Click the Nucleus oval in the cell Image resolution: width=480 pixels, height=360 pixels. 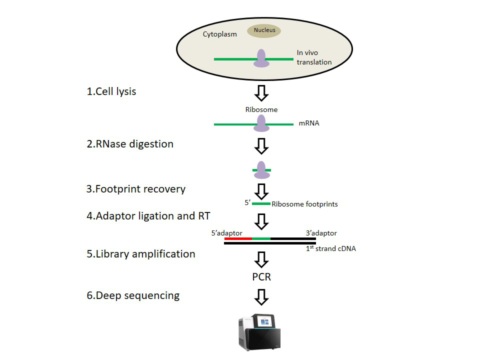[x=264, y=30]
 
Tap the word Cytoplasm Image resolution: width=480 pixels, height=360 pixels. [x=219, y=34]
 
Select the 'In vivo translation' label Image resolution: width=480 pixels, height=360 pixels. [x=314, y=57]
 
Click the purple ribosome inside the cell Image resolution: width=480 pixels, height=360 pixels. [x=261, y=58]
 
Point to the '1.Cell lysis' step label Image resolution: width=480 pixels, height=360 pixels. [x=111, y=91]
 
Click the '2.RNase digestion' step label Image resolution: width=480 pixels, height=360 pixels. [x=129, y=144]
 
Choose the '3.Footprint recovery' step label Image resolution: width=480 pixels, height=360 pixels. [x=135, y=189]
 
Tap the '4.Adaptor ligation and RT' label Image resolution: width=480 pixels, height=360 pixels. [x=148, y=216]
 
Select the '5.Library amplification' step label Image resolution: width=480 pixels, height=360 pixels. [x=140, y=254]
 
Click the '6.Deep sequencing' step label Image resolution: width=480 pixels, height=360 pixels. [x=132, y=295]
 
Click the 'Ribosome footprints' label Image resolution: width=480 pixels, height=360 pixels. [x=304, y=204]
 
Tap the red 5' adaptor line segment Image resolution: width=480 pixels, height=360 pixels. [x=238, y=239]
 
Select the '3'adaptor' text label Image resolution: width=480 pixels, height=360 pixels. [x=321, y=233]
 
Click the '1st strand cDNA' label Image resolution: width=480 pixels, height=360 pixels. [x=330, y=248]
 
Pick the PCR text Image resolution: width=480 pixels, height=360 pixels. [x=261, y=276]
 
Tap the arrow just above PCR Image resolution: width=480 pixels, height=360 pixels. [x=261, y=259]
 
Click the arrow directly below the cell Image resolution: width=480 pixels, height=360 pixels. [x=261, y=92]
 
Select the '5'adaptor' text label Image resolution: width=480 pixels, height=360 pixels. [x=227, y=233]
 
